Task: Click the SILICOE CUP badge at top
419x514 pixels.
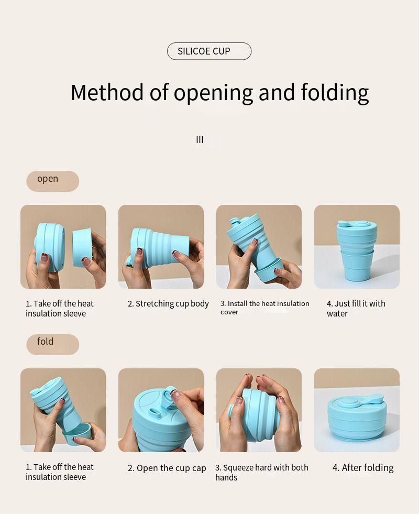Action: (209, 51)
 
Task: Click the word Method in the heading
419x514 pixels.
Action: (107, 92)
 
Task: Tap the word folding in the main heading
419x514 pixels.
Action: (335, 93)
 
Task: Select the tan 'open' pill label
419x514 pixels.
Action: (53, 181)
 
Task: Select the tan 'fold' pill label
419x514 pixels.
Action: (53, 345)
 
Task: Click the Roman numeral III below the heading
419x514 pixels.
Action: (200, 140)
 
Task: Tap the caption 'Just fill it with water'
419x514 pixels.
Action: (356, 309)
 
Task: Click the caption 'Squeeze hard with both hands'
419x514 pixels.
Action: (262, 473)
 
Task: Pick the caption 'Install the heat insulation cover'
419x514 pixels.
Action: (264, 308)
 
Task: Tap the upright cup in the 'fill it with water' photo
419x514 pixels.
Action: (357, 250)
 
